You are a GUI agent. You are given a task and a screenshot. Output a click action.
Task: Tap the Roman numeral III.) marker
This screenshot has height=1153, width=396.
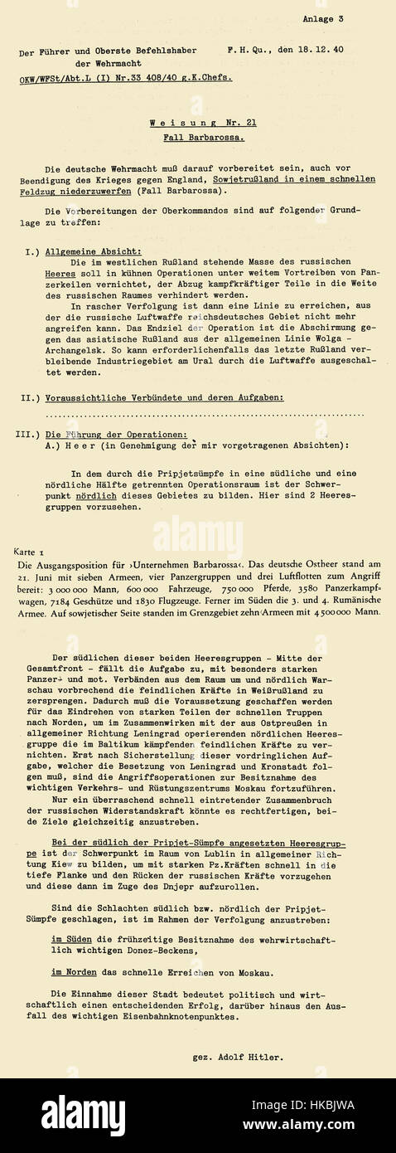(30, 435)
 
